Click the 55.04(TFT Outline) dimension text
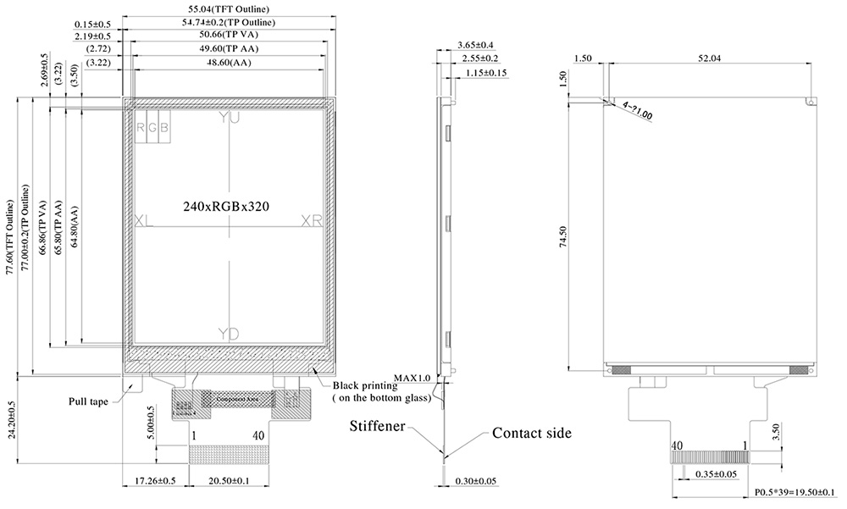(x=229, y=9)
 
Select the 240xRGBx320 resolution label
(x=227, y=206)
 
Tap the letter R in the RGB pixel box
(x=141, y=127)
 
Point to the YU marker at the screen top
(x=229, y=119)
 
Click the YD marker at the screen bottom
(x=229, y=332)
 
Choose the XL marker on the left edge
(x=144, y=220)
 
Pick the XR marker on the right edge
(x=313, y=220)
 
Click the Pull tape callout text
(x=88, y=402)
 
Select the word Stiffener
(x=378, y=425)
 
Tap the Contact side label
(x=532, y=433)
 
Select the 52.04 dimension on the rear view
(x=709, y=58)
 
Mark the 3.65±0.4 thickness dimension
(x=475, y=45)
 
